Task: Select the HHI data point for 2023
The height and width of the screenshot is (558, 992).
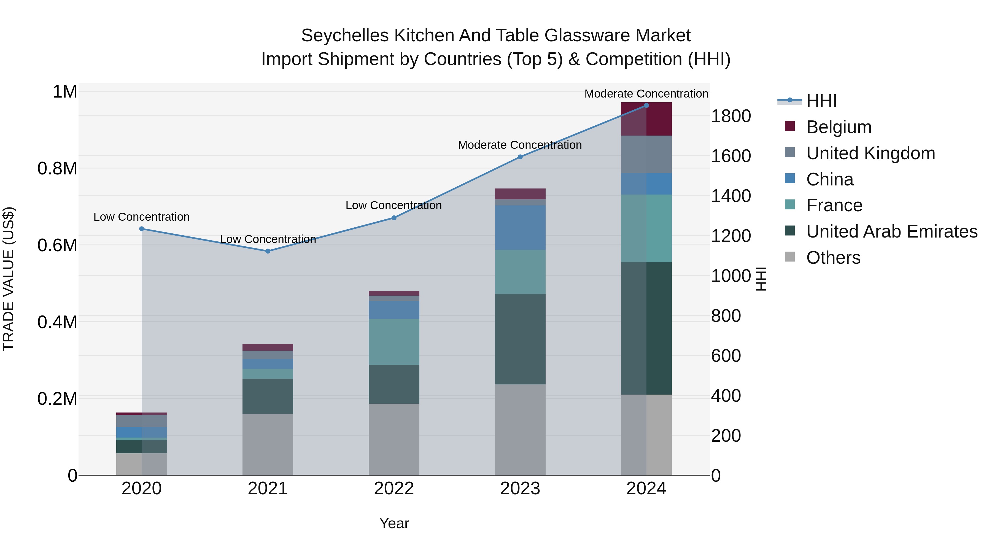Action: pos(520,157)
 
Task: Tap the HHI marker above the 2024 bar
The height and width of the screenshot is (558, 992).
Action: pos(646,106)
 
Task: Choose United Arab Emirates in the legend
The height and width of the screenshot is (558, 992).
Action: pos(891,231)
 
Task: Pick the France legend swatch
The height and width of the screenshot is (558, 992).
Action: pos(789,205)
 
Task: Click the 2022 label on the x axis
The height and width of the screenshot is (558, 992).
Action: pos(393,489)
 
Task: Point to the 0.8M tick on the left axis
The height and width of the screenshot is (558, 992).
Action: pos(57,169)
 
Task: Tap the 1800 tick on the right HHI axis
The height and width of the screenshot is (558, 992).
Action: pos(730,116)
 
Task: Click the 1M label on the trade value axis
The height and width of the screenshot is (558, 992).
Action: pos(65,92)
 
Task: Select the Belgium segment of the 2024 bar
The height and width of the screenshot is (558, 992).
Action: pos(646,119)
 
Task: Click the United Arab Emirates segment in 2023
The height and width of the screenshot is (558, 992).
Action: pos(520,339)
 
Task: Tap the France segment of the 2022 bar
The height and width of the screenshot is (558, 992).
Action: pos(393,342)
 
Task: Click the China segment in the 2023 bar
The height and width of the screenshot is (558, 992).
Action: pos(520,227)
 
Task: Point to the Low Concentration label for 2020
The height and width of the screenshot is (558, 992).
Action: pos(141,217)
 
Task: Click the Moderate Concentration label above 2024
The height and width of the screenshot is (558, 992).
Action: pos(646,94)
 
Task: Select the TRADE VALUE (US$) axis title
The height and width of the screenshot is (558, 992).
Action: pos(9,279)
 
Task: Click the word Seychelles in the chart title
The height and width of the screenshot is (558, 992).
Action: pos(345,36)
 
